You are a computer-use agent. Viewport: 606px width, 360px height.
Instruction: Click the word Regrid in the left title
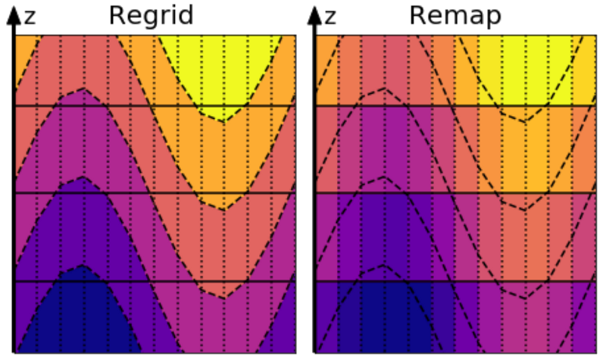(152, 16)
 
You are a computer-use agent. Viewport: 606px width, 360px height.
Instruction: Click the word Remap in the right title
(455, 16)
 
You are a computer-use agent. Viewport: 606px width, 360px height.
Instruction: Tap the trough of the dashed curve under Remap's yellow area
(523, 122)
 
